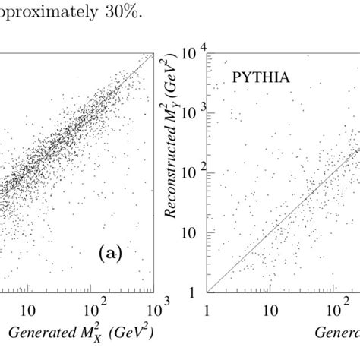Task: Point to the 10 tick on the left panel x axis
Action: point(27,311)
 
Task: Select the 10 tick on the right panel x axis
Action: point(270,311)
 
